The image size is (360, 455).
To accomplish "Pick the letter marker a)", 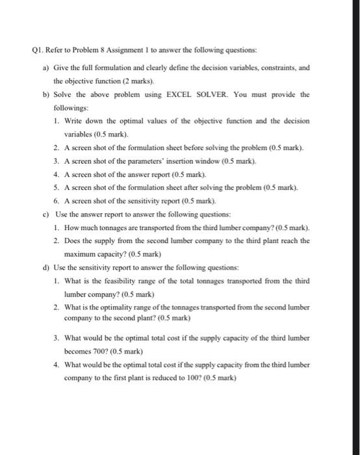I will [x=45, y=67].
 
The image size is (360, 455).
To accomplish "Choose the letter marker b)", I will [x=45, y=95].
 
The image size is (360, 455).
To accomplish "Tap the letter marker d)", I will [x=45, y=267].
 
